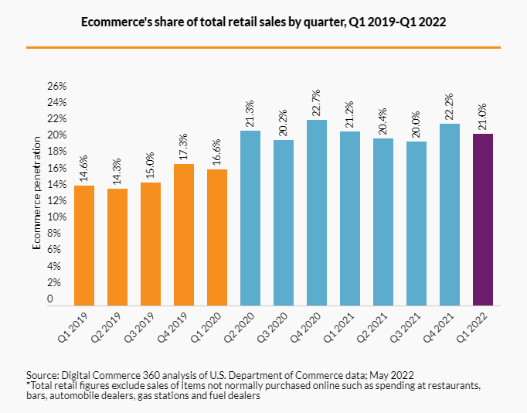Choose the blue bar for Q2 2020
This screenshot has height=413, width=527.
pos(250,218)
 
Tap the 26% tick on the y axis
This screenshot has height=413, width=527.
pos(59,86)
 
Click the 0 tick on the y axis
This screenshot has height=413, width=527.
pos(50,299)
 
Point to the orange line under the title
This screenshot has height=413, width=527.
pos(263,47)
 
